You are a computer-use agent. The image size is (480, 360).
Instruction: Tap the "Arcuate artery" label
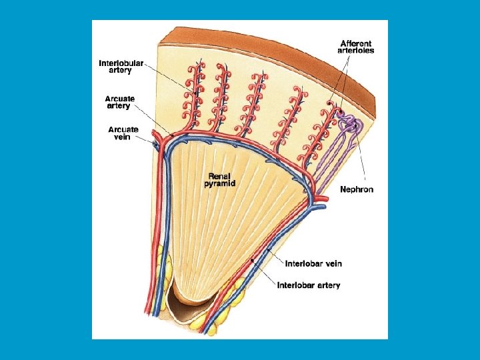pyautogui.click(x=120, y=102)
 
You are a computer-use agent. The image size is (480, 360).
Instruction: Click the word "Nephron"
pyautogui.click(x=357, y=189)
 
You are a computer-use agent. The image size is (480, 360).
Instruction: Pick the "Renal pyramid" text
pyautogui.click(x=221, y=179)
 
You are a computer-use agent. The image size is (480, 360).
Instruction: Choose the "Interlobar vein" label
pyautogui.click(x=313, y=263)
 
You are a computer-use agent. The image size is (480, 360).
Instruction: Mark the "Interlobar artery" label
pyautogui.click(x=309, y=285)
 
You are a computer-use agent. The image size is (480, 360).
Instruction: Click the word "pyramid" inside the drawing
pyautogui.click(x=221, y=184)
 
